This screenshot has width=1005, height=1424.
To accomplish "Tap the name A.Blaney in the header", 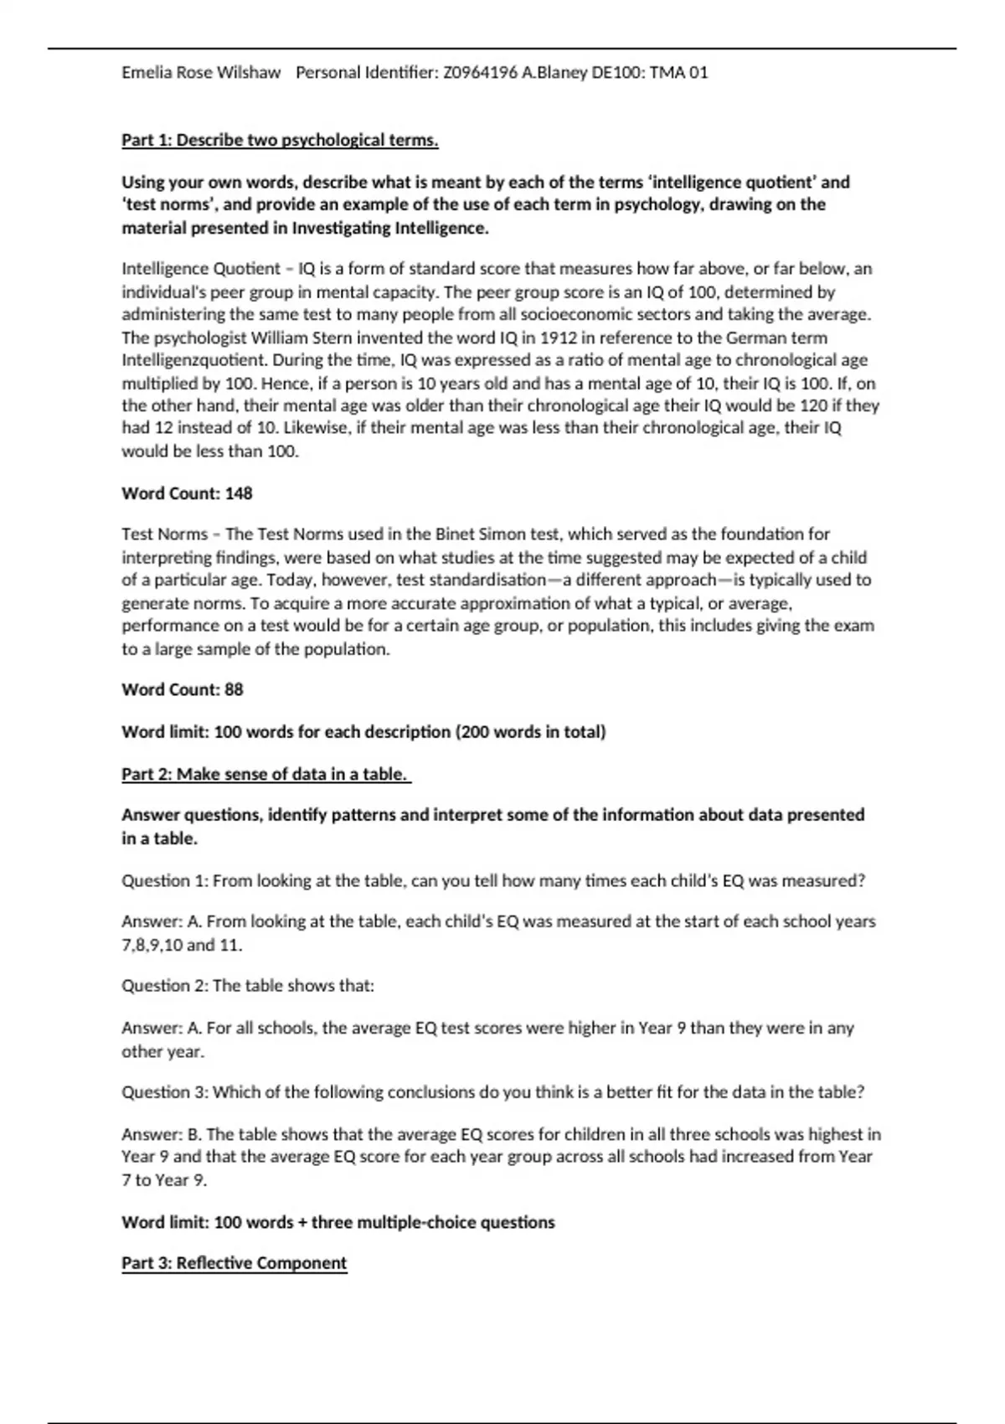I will (554, 73).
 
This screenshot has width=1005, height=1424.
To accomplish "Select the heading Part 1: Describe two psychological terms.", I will (280, 140).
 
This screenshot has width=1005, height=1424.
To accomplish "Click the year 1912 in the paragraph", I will (559, 338).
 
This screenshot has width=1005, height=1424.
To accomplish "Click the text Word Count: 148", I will (187, 493).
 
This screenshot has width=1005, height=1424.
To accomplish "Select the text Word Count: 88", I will (183, 689).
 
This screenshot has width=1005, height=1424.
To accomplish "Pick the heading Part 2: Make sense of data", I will (265, 774).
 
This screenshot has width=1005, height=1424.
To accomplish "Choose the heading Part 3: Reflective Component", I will (234, 1262).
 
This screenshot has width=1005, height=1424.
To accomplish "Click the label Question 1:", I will (165, 880).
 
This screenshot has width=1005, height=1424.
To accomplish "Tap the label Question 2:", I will (165, 985).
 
